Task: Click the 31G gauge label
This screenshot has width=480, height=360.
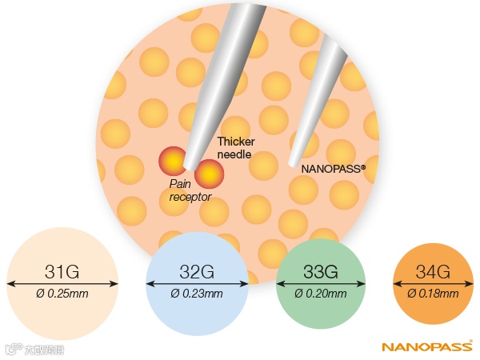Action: pos(61,269)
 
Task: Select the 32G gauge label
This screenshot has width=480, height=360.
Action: pos(196,269)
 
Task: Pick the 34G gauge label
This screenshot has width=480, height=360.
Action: pos(433,269)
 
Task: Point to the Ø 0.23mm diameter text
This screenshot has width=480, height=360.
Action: pos(197,294)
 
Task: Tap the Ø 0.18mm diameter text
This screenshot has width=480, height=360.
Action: pos(433,294)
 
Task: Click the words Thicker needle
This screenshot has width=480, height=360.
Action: pos(236,148)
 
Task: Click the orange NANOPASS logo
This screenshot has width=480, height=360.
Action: pos(427,347)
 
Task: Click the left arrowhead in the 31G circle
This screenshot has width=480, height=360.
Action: pos(9,282)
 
